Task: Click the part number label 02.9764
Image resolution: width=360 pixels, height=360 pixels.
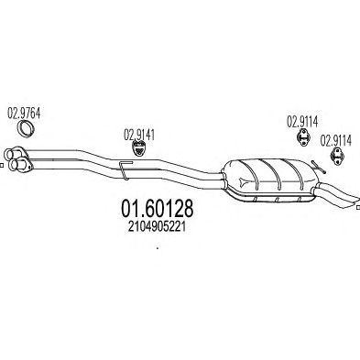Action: tap(24, 114)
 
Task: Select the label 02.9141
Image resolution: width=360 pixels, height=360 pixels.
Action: tap(139, 135)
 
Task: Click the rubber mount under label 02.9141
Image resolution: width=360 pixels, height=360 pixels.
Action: tap(139, 148)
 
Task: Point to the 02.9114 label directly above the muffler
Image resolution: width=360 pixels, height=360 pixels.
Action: tap(302, 122)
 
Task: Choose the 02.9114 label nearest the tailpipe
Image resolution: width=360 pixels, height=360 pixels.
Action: tap(335, 141)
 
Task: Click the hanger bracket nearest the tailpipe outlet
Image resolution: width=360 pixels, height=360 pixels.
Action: tap(337, 157)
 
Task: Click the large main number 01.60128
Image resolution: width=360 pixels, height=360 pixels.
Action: tap(158, 209)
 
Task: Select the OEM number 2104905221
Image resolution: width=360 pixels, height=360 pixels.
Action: tap(157, 227)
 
